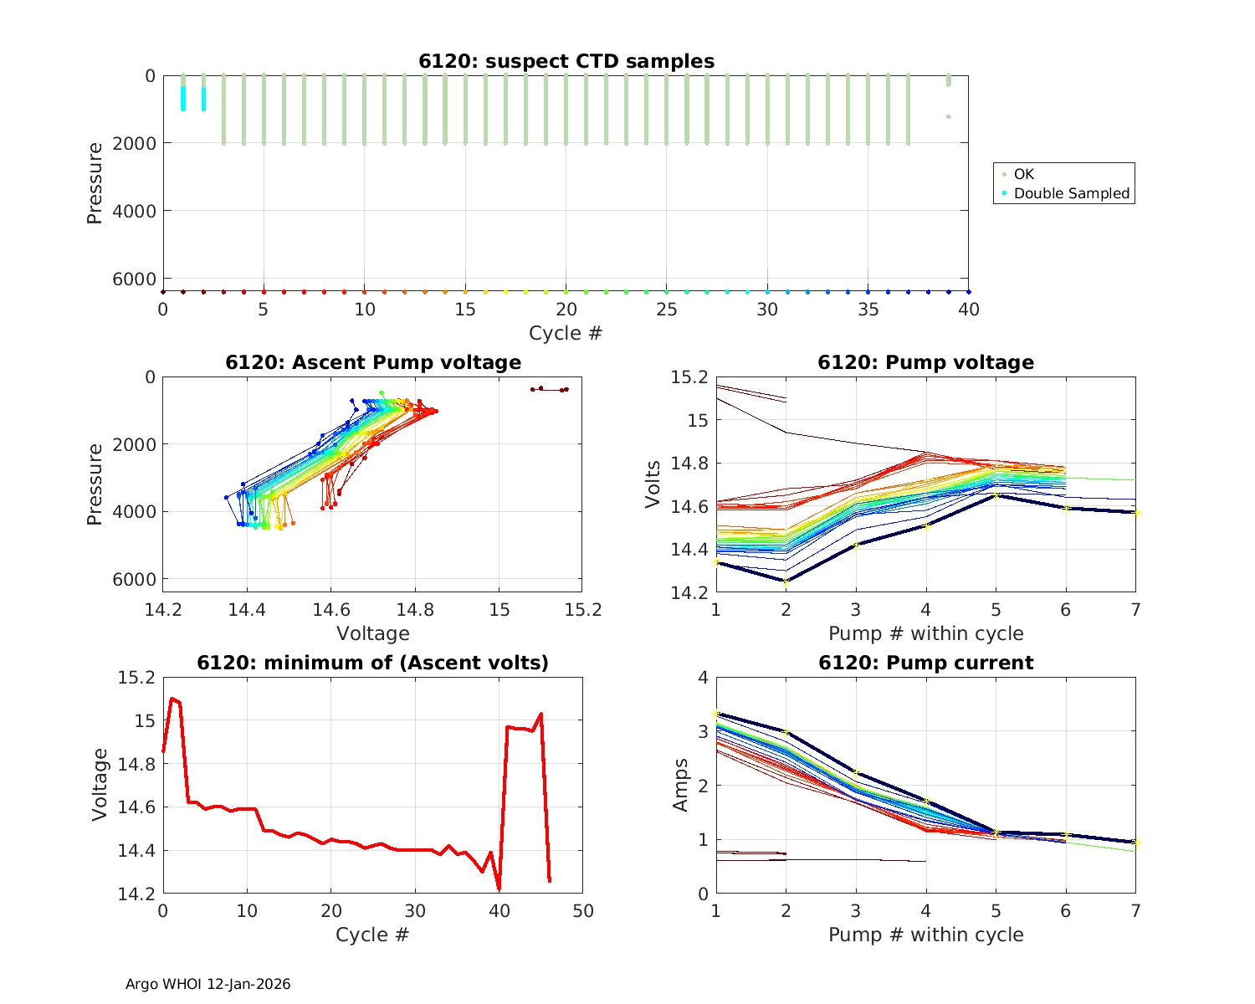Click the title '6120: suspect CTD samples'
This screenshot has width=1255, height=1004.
tap(566, 61)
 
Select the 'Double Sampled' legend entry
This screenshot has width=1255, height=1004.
tap(1071, 193)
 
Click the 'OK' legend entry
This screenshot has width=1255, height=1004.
tap(1023, 174)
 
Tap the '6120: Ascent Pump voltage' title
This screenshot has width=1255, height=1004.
tap(373, 362)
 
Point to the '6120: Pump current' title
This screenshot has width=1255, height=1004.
tap(925, 663)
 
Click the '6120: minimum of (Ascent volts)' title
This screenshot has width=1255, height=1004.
tap(373, 663)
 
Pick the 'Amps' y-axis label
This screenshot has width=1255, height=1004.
tap(681, 785)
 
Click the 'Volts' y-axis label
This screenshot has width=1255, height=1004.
tap(653, 484)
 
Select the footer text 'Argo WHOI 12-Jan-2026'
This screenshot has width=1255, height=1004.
tap(207, 984)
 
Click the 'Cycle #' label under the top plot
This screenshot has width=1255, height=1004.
tap(566, 333)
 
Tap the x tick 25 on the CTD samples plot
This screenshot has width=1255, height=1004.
tap(666, 310)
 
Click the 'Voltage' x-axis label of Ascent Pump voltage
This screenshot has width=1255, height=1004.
tap(373, 633)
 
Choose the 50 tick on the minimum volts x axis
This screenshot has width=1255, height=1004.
tap(582, 910)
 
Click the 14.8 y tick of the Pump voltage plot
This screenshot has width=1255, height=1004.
tap(690, 464)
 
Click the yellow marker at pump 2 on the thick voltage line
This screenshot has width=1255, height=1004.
tap(786, 581)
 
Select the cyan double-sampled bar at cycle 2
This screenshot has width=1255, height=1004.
tap(203, 99)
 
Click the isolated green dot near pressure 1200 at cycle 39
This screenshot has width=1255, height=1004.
tap(948, 116)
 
